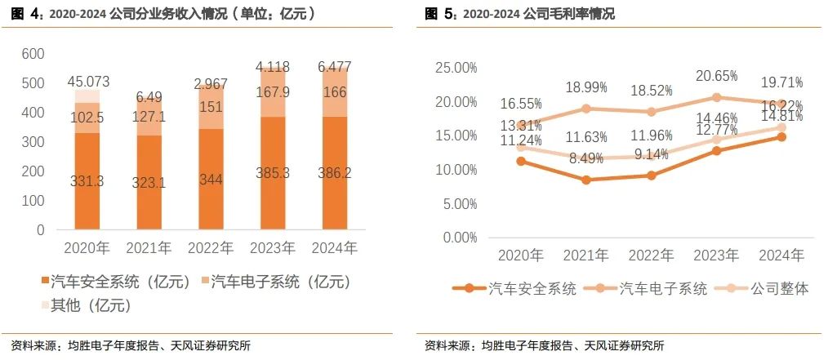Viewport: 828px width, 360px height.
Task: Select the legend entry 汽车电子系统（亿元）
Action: click(x=276, y=282)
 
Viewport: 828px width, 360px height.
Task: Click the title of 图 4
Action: click(x=162, y=14)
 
